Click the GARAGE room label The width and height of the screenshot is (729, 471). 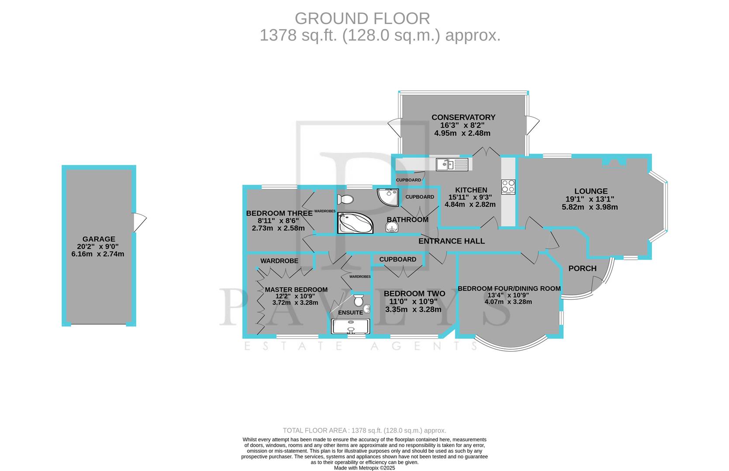99,239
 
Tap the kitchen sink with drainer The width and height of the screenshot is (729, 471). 452,164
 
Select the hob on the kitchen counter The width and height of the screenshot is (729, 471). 508,187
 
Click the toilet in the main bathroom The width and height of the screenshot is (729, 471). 345,200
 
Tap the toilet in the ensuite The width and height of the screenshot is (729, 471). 359,300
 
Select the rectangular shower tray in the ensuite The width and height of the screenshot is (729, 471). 350,326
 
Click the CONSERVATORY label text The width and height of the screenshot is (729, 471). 463,117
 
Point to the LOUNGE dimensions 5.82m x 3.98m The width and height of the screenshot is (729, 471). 589,207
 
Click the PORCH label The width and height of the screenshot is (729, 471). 582,268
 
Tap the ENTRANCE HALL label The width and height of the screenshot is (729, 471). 451,241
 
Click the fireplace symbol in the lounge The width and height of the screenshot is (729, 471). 614,163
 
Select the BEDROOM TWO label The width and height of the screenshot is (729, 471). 414,294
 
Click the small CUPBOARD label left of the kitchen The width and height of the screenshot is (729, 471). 409,180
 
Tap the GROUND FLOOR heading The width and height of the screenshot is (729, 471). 362,19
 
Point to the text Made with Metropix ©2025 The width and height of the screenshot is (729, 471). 364,468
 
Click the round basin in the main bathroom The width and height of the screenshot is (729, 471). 392,227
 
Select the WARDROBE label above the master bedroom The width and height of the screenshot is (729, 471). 279,261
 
